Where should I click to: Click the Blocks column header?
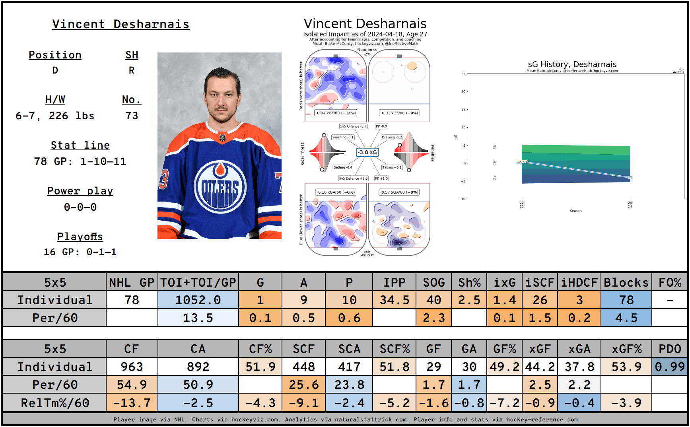(x=626, y=283)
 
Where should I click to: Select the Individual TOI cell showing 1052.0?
(x=198, y=300)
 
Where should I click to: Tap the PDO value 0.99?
(x=670, y=367)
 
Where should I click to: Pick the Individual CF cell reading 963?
(x=132, y=367)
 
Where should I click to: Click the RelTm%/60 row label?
(x=55, y=403)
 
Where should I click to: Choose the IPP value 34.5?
(x=394, y=300)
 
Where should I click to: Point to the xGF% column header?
(x=626, y=349)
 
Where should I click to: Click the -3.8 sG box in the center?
(x=367, y=152)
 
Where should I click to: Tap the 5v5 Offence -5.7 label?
(x=353, y=126)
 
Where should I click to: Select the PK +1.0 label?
(x=381, y=179)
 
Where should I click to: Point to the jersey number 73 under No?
(x=132, y=116)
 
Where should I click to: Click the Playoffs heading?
(x=80, y=237)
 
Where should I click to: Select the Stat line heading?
(x=80, y=146)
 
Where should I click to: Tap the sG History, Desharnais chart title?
(x=572, y=64)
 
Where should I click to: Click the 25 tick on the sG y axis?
(x=463, y=74)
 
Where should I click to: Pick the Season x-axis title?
(x=575, y=211)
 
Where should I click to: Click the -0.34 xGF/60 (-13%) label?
(x=335, y=113)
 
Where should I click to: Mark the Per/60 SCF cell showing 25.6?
(x=303, y=384)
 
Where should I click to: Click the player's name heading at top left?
(x=121, y=24)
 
